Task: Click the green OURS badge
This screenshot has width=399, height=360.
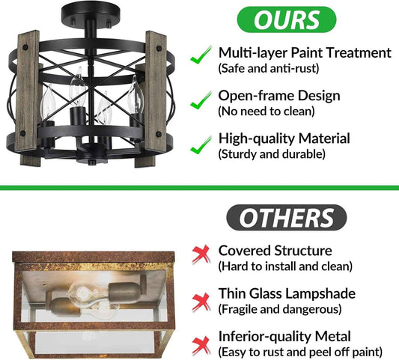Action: pyautogui.click(x=287, y=19)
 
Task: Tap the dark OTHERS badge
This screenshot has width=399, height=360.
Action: pyautogui.click(x=286, y=218)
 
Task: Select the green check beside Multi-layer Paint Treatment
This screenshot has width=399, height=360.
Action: pyautogui.click(x=201, y=55)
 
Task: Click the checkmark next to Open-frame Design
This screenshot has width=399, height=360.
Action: pyautogui.click(x=201, y=100)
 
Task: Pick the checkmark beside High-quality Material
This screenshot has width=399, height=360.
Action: pyautogui.click(x=201, y=144)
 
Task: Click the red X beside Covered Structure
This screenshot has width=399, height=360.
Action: pyautogui.click(x=201, y=254)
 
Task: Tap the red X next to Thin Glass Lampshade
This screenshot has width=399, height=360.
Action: pyautogui.click(x=201, y=302)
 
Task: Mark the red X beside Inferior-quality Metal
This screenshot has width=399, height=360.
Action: pyautogui.click(x=201, y=346)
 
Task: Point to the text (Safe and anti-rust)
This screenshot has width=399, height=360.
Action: pyautogui.click(x=269, y=68)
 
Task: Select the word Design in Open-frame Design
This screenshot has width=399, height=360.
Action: pyautogui.click(x=319, y=96)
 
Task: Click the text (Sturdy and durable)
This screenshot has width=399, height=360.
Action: pyautogui.click(x=272, y=154)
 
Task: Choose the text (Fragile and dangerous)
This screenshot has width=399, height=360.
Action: pyautogui.click(x=280, y=309)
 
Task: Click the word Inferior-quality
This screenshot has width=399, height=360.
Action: pyautogui.click(x=265, y=337)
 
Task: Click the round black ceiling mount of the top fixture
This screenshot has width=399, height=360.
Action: pyautogui.click(x=91, y=13)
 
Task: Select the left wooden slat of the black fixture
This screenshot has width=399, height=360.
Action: pyautogui.click(x=28, y=98)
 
